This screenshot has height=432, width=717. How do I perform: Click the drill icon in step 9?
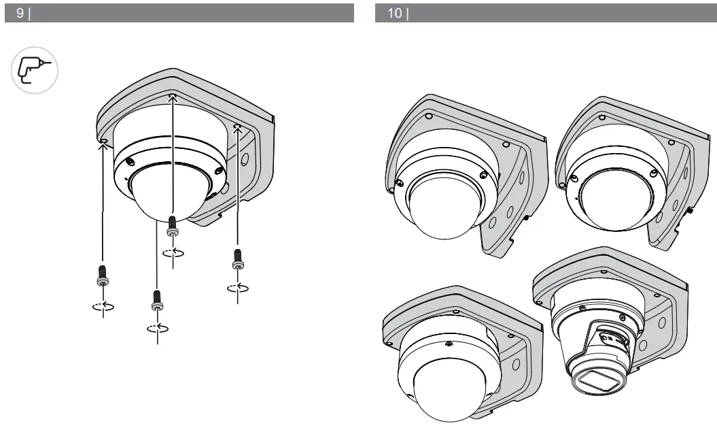click(35, 70)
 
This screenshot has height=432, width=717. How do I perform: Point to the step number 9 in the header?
click(19, 14)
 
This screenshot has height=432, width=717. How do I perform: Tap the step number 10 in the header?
click(396, 14)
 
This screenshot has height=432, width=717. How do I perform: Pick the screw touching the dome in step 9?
click(173, 225)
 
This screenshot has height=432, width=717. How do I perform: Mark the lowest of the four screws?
click(157, 300)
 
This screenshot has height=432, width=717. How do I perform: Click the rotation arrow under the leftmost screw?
click(102, 305)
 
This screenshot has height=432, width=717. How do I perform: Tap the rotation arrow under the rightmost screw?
click(237, 287)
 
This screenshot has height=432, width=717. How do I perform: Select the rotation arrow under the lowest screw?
click(157, 329)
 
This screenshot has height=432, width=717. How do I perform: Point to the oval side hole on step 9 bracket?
click(245, 161)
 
